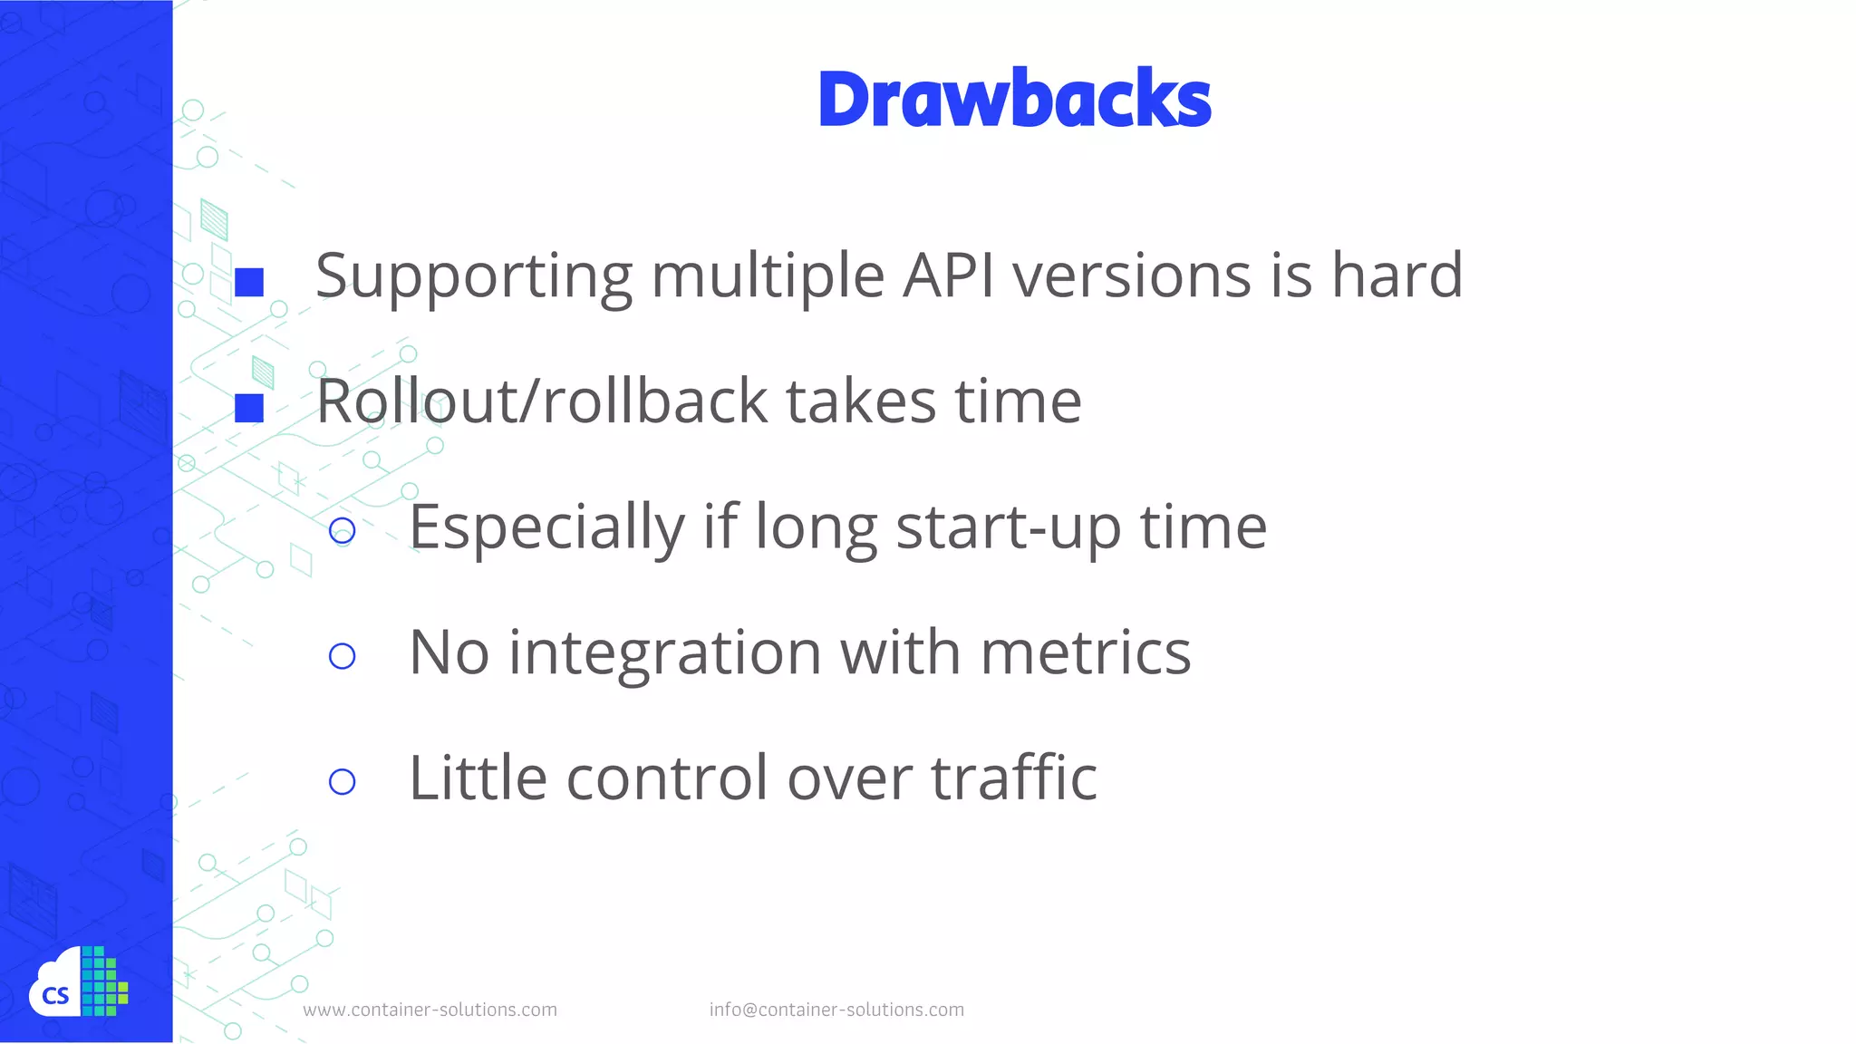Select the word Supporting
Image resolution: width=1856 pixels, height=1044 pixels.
pos(474,276)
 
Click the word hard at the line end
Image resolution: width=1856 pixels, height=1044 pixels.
pos(1397,275)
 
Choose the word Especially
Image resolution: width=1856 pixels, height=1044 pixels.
pos(546,527)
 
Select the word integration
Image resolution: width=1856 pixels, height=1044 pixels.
pos(664,652)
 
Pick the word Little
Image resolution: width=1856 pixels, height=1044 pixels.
pos(478,778)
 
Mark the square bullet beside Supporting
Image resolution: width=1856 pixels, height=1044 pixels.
pos(249,282)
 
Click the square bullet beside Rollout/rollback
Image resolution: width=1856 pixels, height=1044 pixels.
pos(249,408)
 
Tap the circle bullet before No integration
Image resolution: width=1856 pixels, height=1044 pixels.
pos(342,656)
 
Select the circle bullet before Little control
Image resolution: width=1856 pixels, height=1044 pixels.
pos(342,781)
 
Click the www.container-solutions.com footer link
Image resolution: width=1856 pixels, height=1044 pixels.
pos(430,1010)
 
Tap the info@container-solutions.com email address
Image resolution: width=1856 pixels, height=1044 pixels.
pos(836,1010)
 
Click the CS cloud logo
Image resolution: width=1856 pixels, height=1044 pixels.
pos(78,984)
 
